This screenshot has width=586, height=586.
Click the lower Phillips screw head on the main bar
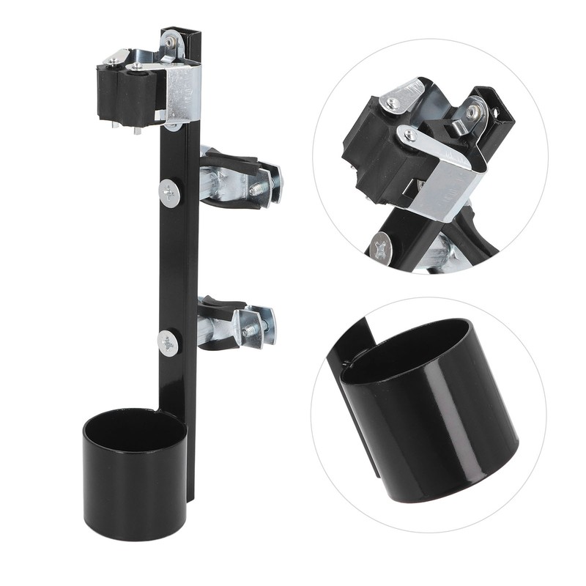click(x=168, y=343)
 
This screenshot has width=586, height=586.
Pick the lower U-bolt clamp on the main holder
click(x=236, y=323)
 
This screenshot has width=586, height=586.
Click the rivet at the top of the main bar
click(x=171, y=42)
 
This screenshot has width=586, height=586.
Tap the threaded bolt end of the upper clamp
click(x=258, y=188)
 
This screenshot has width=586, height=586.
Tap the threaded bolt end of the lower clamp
click(x=253, y=331)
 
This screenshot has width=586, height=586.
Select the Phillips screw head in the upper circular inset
click(x=381, y=247)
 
